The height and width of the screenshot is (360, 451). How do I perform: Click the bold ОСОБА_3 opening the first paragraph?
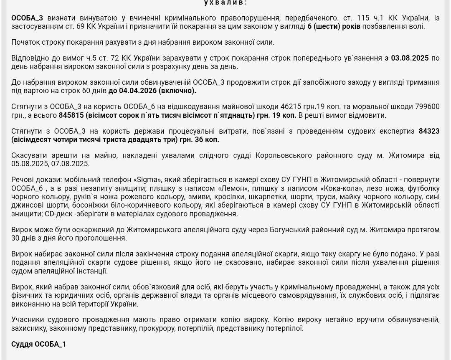[x=27, y=18]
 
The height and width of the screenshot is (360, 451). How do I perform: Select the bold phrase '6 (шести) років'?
[x=334, y=26]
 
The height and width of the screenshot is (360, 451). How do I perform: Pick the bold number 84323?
[x=429, y=131]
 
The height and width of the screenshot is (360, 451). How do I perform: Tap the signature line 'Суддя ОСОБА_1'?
[x=39, y=344]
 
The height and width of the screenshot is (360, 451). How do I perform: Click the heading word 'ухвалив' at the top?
[x=225, y=3]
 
